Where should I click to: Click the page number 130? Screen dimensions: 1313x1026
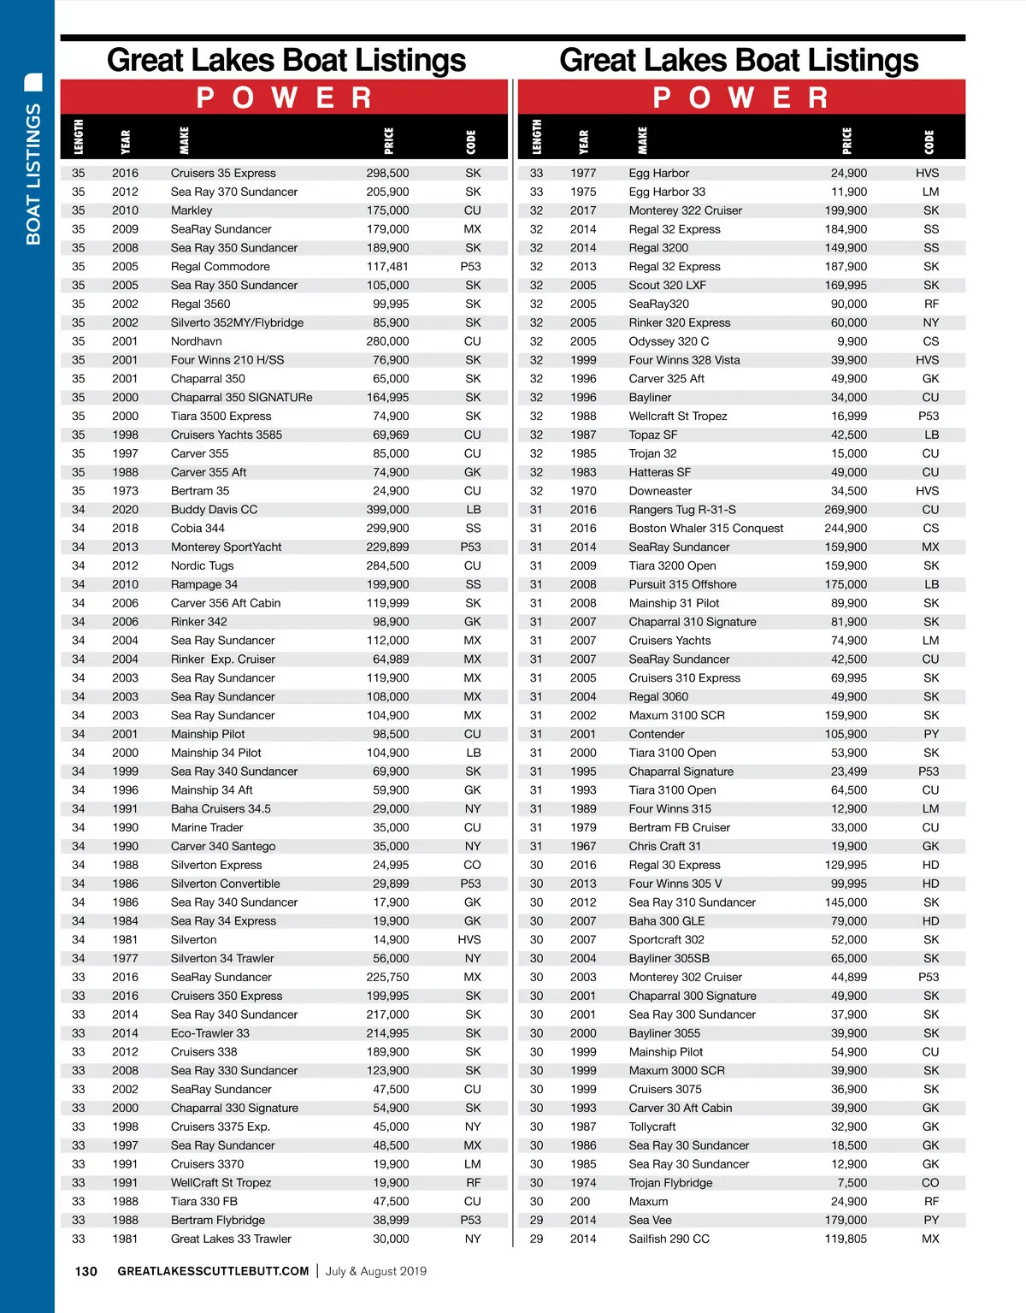click(x=86, y=1271)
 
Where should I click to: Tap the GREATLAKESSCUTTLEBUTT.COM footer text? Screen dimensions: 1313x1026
click(x=213, y=1271)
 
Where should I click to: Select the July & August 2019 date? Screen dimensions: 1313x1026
click(x=375, y=1271)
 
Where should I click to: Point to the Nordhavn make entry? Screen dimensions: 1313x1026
click(x=196, y=341)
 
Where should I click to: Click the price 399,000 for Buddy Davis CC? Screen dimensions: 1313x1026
click(x=387, y=510)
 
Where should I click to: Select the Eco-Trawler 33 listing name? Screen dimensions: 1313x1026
click(x=209, y=1033)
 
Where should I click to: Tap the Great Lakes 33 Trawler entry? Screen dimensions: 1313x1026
click(x=231, y=1239)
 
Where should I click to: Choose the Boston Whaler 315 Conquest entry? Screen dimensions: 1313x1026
click(x=705, y=529)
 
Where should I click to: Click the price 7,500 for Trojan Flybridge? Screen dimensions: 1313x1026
click(x=852, y=1183)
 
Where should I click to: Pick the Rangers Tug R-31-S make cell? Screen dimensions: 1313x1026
click(x=681, y=510)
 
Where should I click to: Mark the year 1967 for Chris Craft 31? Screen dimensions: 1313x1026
click(x=583, y=846)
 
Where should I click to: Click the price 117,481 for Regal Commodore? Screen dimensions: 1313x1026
click(x=387, y=267)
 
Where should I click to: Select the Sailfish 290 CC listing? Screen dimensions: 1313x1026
click(x=669, y=1239)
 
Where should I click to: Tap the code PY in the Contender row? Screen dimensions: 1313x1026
click(x=931, y=734)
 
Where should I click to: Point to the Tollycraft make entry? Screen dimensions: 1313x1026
click(x=652, y=1127)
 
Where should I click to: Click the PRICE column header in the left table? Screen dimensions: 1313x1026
click(x=389, y=140)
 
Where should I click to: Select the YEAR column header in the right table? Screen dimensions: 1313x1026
click(x=583, y=140)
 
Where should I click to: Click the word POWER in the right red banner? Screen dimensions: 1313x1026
click(x=740, y=98)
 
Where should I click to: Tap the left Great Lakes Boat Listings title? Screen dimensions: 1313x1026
click(x=286, y=60)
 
